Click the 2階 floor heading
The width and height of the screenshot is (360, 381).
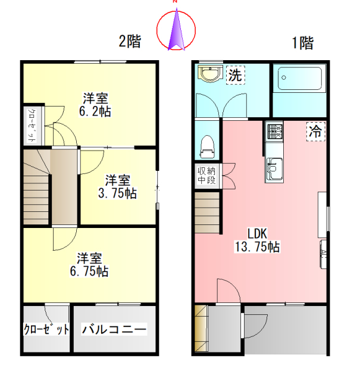(x=130, y=42)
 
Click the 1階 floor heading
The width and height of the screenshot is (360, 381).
(x=302, y=43)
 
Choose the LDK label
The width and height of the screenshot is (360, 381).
(x=256, y=234)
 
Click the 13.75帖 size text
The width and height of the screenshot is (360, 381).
(x=257, y=246)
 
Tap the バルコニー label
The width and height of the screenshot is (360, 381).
(x=114, y=329)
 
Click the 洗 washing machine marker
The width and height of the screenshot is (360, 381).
(x=236, y=76)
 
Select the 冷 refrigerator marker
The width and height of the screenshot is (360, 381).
(x=316, y=132)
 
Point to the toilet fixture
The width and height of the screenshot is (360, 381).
(x=208, y=145)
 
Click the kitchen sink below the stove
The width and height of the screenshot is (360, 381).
(x=274, y=168)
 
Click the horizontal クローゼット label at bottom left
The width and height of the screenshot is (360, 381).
(x=46, y=329)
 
